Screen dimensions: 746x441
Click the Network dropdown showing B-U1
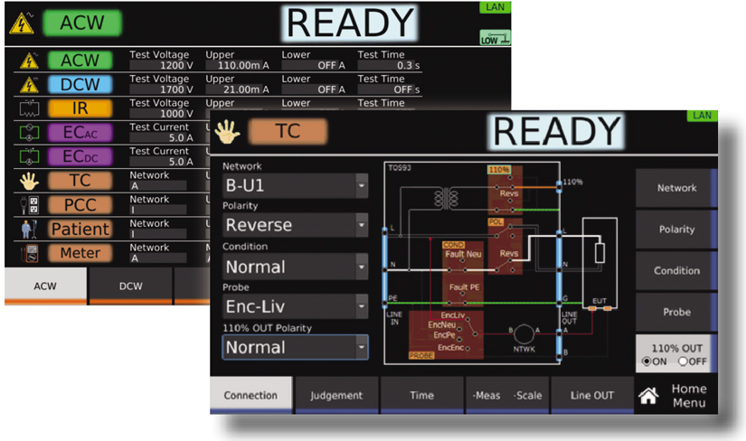pos(295,187)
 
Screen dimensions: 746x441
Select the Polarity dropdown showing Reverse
pos(295,226)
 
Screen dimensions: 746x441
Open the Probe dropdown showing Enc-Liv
pos(295,306)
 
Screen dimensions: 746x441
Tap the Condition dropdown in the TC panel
pos(295,267)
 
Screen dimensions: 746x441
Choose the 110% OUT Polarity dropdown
pos(295,347)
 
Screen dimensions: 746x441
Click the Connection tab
pos(250,395)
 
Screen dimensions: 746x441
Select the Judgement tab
pos(336,395)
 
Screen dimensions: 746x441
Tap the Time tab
pos(421,395)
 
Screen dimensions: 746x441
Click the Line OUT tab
pos(592,395)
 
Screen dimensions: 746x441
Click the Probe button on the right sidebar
pos(676,312)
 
